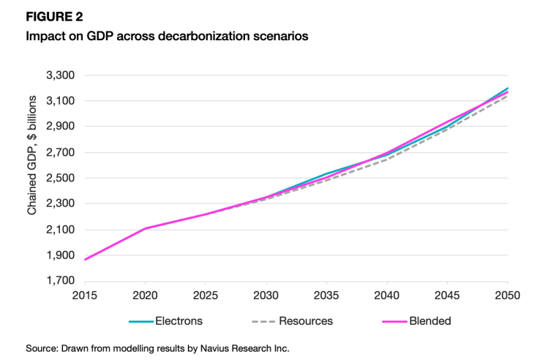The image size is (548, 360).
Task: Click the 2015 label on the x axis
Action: pos(86,296)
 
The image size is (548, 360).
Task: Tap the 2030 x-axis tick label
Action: pos(266,296)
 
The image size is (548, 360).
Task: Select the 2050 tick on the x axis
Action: pos(507,296)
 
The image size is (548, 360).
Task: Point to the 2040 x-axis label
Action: pos(387,296)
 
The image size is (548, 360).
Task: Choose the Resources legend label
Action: pos(306,320)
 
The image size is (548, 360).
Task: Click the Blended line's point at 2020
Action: pos(146,228)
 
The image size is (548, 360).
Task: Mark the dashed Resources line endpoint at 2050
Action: pos(507,96)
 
